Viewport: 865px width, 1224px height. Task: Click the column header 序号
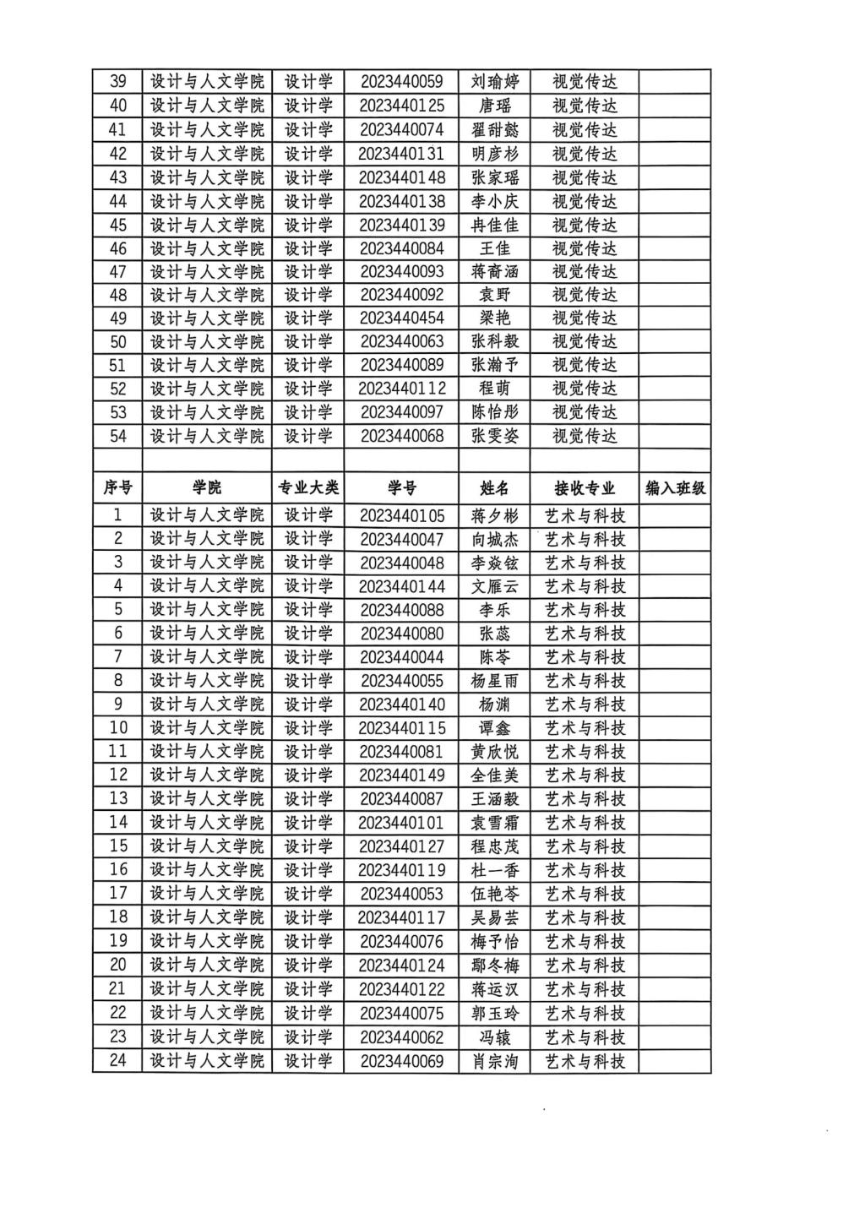[x=118, y=488]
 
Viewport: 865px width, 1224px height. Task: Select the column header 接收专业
[x=585, y=488]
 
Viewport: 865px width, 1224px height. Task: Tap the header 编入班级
[x=675, y=488]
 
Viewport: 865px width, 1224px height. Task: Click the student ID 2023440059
[x=401, y=82]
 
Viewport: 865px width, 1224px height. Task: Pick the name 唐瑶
[x=495, y=106]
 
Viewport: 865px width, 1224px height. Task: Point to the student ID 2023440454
[x=401, y=318]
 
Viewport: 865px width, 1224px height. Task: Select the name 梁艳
[x=495, y=318]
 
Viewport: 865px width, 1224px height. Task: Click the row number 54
[x=118, y=436]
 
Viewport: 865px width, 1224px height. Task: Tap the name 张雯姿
[x=495, y=436]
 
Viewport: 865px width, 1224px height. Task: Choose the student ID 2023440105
[x=401, y=516]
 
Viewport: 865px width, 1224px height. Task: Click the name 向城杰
[x=495, y=540]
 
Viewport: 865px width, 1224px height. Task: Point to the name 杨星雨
[x=495, y=681]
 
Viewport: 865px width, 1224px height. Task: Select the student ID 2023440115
[x=401, y=728]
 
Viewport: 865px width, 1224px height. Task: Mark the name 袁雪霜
[x=495, y=823]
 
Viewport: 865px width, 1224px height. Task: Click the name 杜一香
[x=495, y=870]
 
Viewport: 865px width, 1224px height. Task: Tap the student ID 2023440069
[x=401, y=1061]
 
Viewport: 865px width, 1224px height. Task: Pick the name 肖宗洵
[x=495, y=1061]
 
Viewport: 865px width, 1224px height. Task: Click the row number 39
[x=118, y=82]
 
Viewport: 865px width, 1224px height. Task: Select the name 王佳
[x=495, y=248]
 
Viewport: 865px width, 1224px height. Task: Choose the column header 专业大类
[x=308, y=488]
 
